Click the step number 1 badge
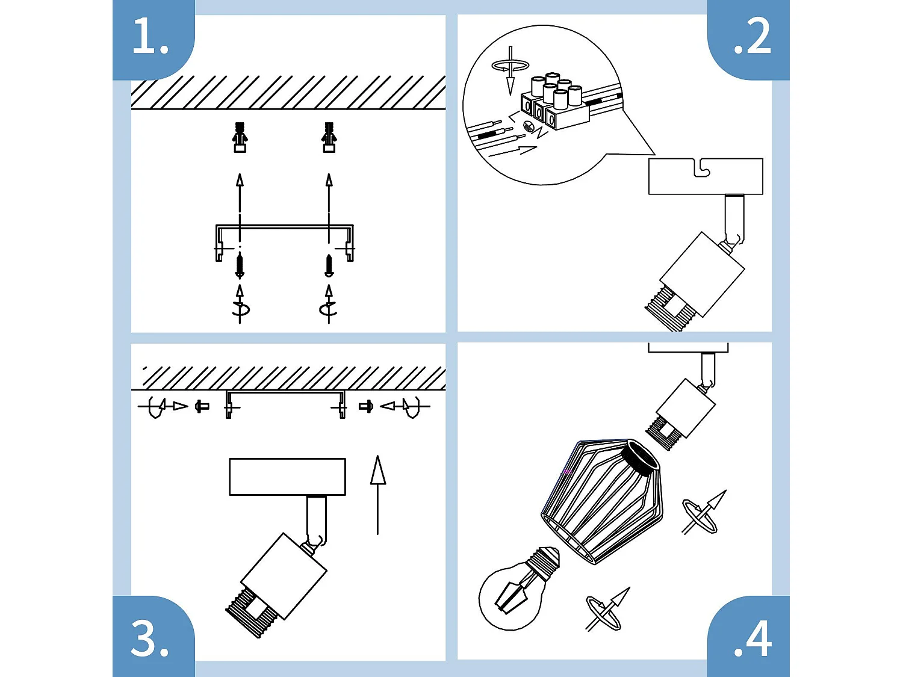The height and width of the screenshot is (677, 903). tap(153, 39)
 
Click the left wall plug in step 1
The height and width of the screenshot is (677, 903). tap(240, 137)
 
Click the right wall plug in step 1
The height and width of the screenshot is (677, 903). tap(329, 137)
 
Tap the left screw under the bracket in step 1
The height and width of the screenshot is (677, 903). tap(240, 266)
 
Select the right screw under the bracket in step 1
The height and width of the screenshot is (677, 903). tap(329, 266)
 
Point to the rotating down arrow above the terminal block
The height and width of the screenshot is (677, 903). tap(510, 70)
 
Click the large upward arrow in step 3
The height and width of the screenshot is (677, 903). tap(377, 495)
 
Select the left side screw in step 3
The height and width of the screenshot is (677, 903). tap(202, 407)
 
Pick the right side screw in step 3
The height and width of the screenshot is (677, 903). tap(366, 407)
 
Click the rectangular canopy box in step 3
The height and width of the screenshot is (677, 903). tap(287, 477)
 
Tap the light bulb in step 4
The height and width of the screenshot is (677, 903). tap(518, 589)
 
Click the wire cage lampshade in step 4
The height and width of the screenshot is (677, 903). tap(601, 501)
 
